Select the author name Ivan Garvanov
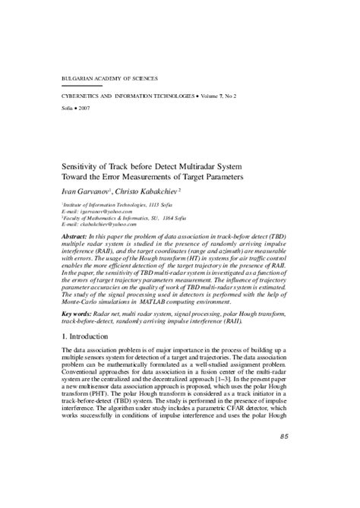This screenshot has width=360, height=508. click(84, 191)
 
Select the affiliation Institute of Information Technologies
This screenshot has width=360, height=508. click(106, 205)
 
